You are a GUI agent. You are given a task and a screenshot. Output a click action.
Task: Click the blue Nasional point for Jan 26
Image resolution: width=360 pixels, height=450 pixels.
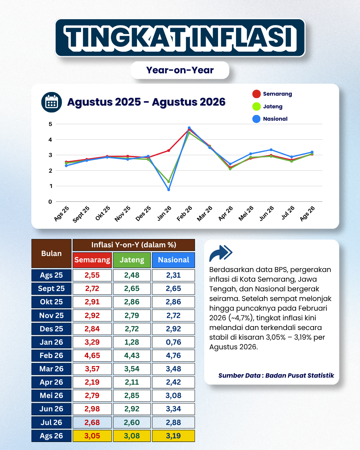coord(169,190)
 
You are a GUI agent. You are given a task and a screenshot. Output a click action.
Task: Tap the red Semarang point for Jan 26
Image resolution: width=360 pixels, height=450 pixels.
coord(169,151)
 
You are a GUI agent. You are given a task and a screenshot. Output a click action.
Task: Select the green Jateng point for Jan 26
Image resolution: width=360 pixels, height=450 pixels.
coord(169,182)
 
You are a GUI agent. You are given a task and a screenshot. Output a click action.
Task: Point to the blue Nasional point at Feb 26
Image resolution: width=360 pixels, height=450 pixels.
coord(189,128)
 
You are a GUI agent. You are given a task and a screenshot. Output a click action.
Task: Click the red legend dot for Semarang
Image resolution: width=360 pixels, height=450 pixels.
coord(256,94)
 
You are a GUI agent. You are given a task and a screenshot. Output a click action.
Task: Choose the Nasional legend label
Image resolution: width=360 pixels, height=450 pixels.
coord(275,119)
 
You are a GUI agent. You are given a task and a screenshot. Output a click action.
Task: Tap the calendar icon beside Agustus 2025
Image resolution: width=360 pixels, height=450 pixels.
coord(51,102)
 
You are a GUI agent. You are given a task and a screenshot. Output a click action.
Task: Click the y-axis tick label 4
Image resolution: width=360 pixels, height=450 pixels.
coord(50,139)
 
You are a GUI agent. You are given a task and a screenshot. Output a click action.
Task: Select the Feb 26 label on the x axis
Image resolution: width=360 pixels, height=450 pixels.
coord(184,213)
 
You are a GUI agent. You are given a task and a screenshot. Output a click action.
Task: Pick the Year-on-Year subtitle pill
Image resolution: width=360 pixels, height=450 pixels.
coord(180,70)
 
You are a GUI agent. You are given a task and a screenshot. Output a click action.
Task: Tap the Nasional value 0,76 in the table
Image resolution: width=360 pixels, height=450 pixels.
coord(173,342)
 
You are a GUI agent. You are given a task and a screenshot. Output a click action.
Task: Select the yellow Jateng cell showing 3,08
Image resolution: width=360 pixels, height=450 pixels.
coord(132,436)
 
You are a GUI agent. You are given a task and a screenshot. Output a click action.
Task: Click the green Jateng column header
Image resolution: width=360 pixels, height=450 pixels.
coord(132,260)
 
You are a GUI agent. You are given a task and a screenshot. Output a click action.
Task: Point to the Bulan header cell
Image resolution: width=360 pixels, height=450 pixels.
coord(51,253)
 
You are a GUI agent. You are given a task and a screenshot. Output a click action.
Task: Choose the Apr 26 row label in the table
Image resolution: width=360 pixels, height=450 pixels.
coord(51,382)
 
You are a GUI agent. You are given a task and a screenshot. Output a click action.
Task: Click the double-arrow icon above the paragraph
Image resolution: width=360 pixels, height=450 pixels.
coord(221,253)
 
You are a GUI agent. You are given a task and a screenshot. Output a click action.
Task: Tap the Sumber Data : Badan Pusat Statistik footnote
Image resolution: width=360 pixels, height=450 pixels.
coord(276,376)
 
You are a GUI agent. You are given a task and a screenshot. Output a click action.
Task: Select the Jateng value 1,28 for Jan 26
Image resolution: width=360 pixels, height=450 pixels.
coord(132,342)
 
